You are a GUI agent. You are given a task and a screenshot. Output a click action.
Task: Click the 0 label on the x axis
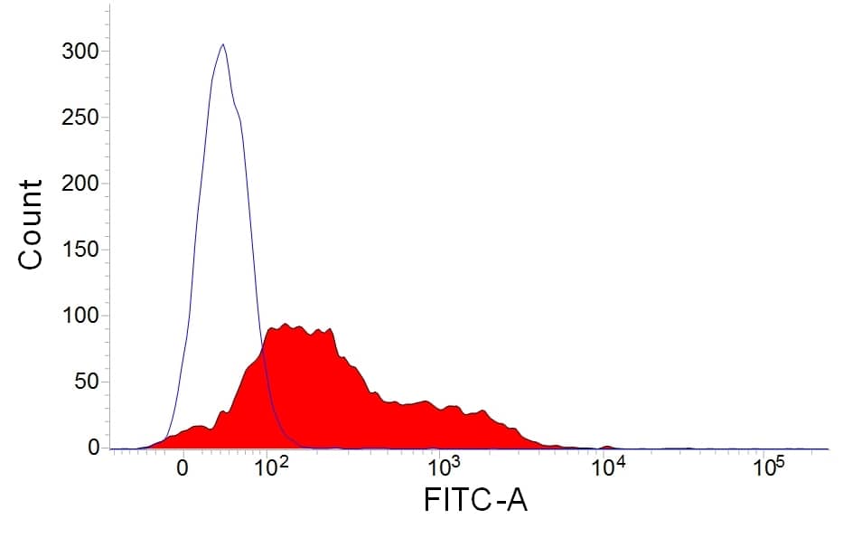point(183,470)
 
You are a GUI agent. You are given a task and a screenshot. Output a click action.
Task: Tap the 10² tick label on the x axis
point(272,467)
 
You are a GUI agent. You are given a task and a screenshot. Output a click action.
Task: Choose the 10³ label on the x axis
point(443,467)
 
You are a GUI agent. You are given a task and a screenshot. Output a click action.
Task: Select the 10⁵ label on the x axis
point(767,467)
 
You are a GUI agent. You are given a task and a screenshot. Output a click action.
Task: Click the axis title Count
point(31,223)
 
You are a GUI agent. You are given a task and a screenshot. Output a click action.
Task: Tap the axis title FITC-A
point(475,498)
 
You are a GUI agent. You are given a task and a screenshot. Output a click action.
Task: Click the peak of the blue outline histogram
point(222,44)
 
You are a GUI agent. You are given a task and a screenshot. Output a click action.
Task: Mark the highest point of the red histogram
point(286,324)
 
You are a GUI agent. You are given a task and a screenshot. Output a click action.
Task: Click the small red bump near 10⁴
point(608,447)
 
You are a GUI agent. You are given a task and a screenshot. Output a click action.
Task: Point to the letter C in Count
point(31,258)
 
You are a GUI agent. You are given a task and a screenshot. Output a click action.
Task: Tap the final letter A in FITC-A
point(517,498)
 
